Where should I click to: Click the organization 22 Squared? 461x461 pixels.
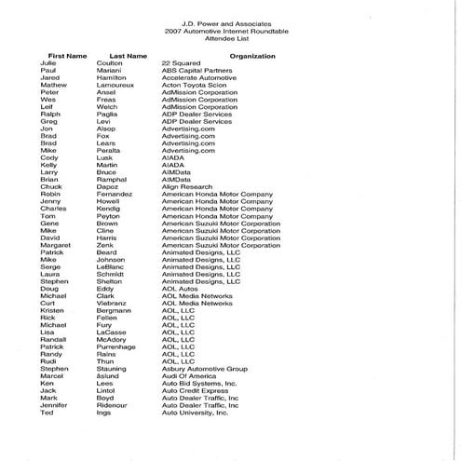click(180, 65)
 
